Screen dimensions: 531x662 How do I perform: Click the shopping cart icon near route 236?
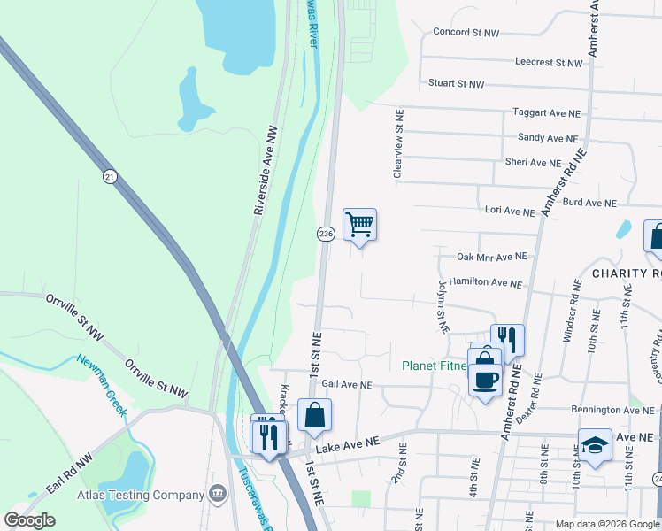coord(359,224)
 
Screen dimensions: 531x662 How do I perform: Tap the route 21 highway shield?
coord(109,176)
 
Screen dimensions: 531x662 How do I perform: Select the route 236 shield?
coord(326,234)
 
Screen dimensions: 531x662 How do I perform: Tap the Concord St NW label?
coord(466,33)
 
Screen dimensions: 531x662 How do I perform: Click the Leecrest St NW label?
coord(549,63)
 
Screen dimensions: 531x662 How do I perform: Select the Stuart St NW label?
coord(457,84)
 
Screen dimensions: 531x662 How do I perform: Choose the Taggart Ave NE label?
coord(547,113)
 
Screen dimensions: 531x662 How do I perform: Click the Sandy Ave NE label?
coord(549,138)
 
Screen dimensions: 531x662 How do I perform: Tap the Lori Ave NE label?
coord(510,212)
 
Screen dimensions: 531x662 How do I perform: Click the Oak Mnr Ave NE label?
coord(491,257)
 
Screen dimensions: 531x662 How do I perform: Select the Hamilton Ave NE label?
coord(485,284)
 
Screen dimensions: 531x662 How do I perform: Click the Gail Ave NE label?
coord(347,385)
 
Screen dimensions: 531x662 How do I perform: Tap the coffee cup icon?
coord(485,380)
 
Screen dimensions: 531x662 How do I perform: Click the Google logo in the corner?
coord(29,520)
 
